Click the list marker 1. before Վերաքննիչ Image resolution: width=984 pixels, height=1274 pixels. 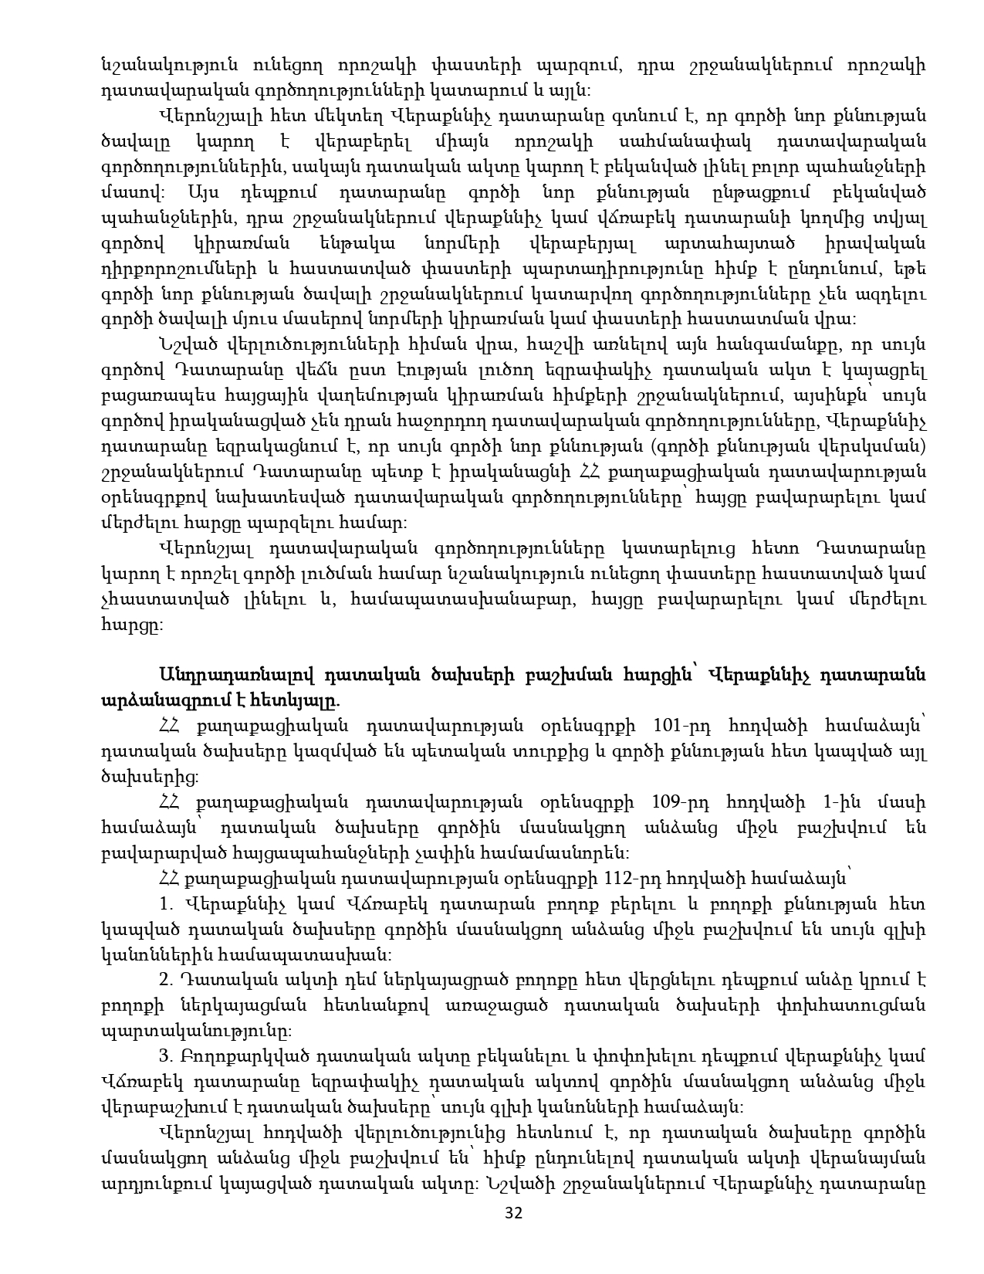(x=165, y=903)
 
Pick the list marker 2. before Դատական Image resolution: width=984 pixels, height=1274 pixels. (x=165, y=980)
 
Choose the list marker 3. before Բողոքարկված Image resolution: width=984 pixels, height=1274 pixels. (x=165, y=1056)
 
